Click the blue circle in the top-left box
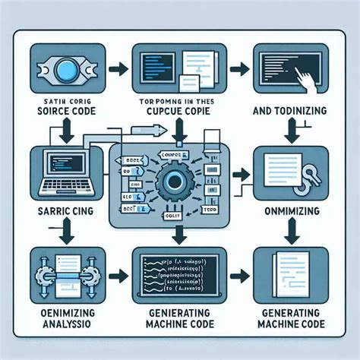pyautogui.click(x=68, y=66)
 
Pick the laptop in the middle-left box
pyautogui.click(x=63, y=171)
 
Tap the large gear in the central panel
pyautogui.click(x=180, y=181)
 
